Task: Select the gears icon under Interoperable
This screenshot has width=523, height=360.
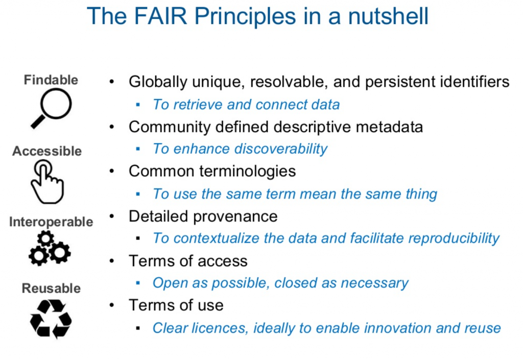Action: tap(50, 249)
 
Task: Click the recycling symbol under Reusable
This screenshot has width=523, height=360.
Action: tap(51, 319)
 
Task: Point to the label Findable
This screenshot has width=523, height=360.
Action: tap(51, 80)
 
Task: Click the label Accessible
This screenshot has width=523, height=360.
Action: tap(47, 151)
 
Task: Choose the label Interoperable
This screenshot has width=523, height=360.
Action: tap(51, 222)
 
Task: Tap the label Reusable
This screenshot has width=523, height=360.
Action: tap(52, 289)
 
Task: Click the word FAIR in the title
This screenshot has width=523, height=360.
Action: tap(160, 16)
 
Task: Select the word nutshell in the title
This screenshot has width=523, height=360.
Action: tap(388, 16)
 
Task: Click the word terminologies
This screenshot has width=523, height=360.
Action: tap(248, 172)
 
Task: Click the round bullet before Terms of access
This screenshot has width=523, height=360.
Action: tap(112, 260)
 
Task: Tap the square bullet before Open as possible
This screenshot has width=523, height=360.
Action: tap(138, 283)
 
